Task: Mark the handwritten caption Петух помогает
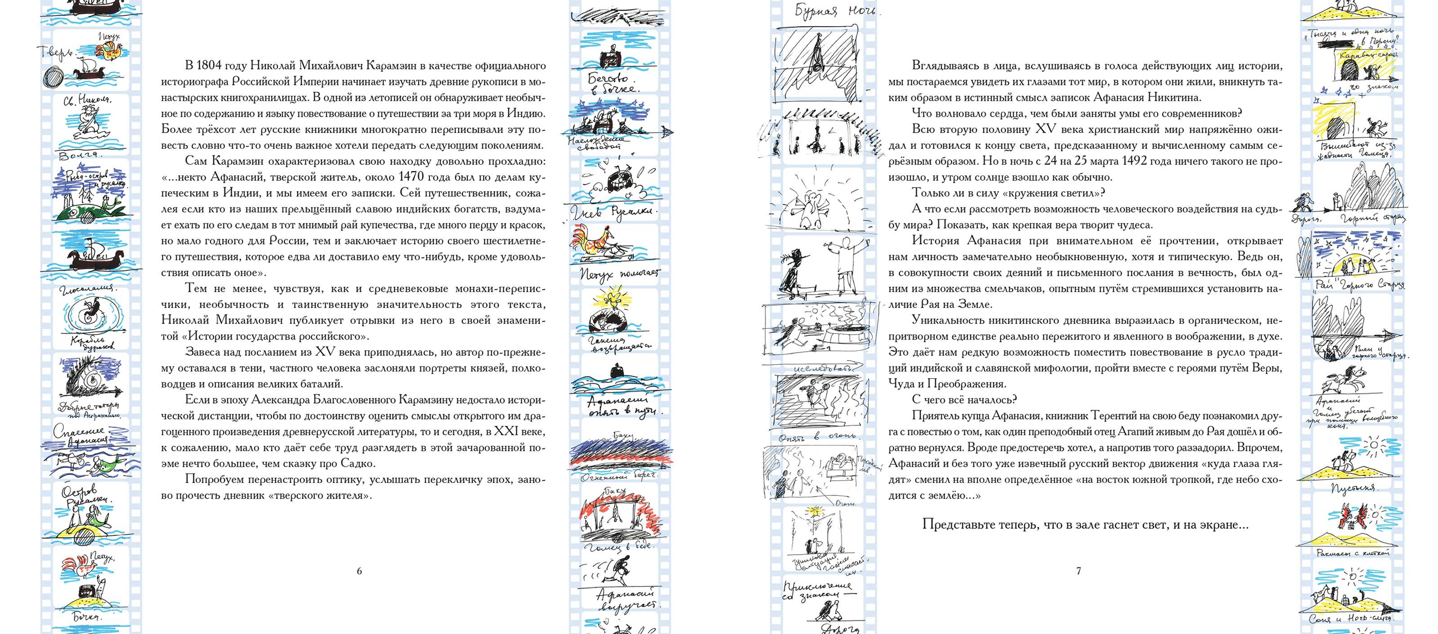[620, 274]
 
